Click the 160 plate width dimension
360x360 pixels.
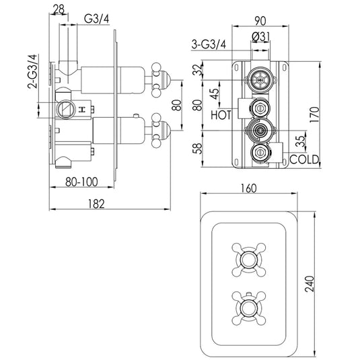[x=249, y=189]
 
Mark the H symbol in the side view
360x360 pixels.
[x=81, y=108]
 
